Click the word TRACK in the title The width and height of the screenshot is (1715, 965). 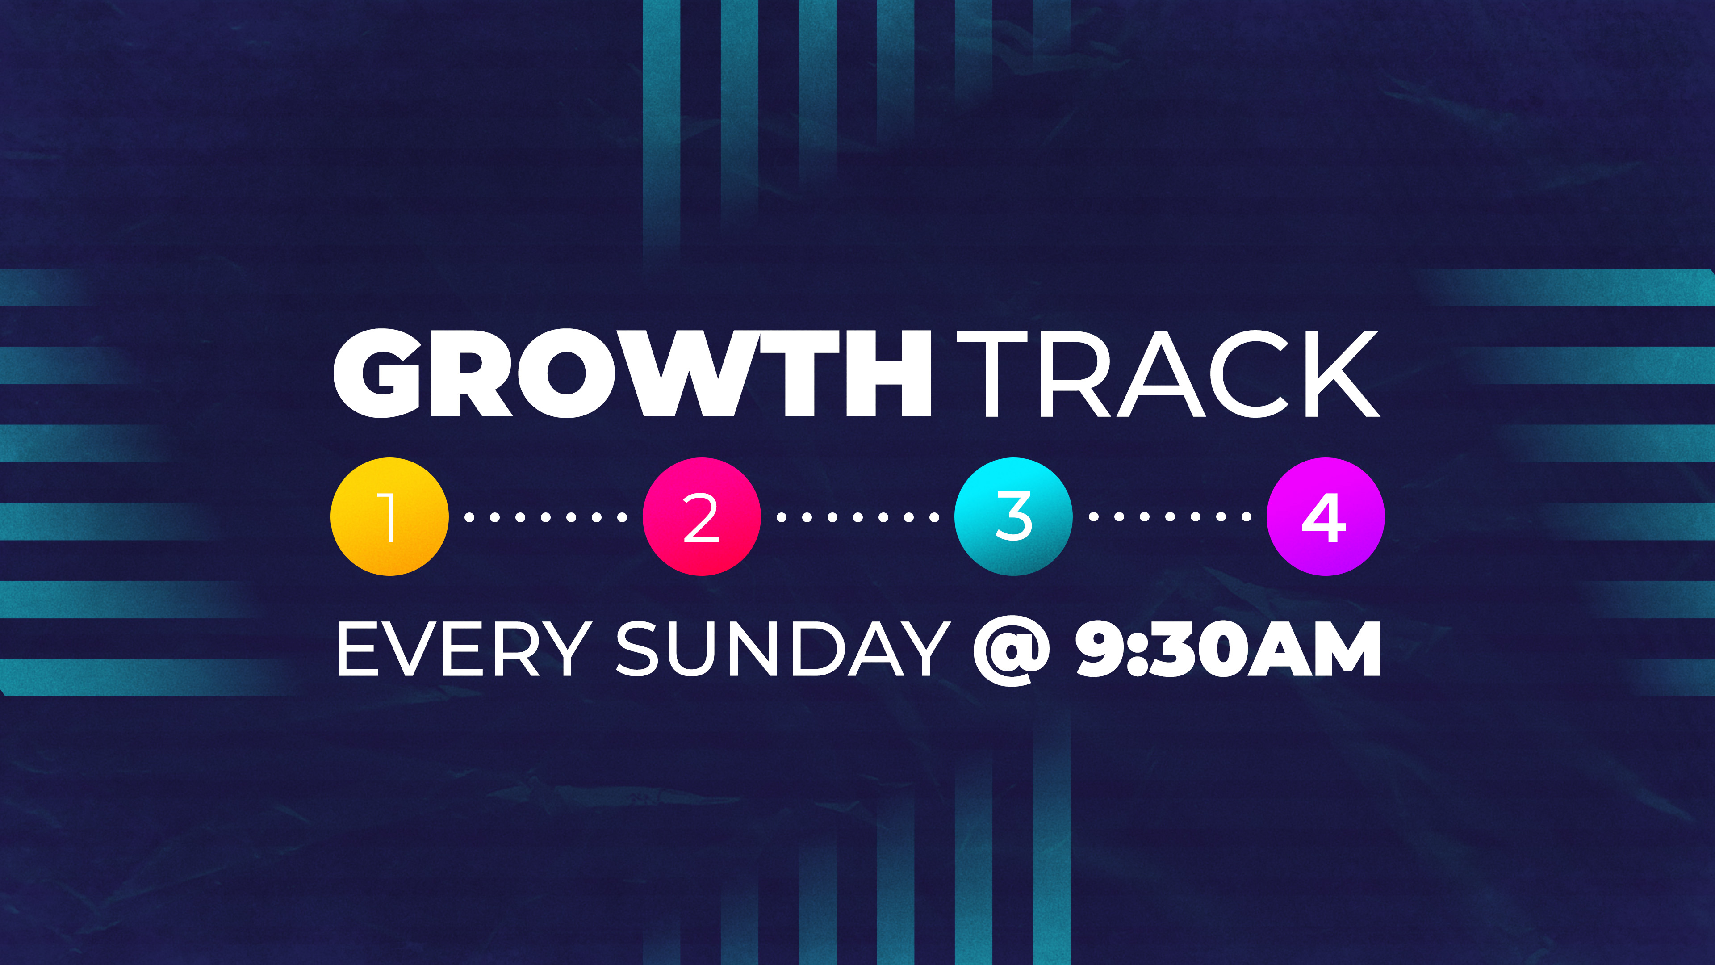tap(1168, 374)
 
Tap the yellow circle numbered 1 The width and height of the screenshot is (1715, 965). tap(389, 516)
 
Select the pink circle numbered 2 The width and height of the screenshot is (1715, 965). tap(701, 516)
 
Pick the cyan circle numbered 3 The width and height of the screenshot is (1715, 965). tap(1013, 516)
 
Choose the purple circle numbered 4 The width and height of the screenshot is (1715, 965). tap(1326, 516)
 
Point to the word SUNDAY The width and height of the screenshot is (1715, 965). tap(783, 649)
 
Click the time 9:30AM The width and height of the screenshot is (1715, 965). tap(1228, 649)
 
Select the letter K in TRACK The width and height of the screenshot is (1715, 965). tap(1343, 374)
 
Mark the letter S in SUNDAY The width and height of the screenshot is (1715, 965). tap(639, 649)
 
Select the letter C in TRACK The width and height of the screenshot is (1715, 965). tap(1251, 374)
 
